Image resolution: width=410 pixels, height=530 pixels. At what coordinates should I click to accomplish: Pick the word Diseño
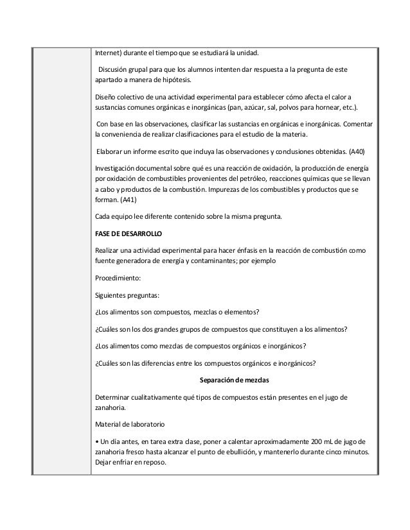(106, 97)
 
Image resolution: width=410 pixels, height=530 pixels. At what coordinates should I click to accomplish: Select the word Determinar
(114, 395)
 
